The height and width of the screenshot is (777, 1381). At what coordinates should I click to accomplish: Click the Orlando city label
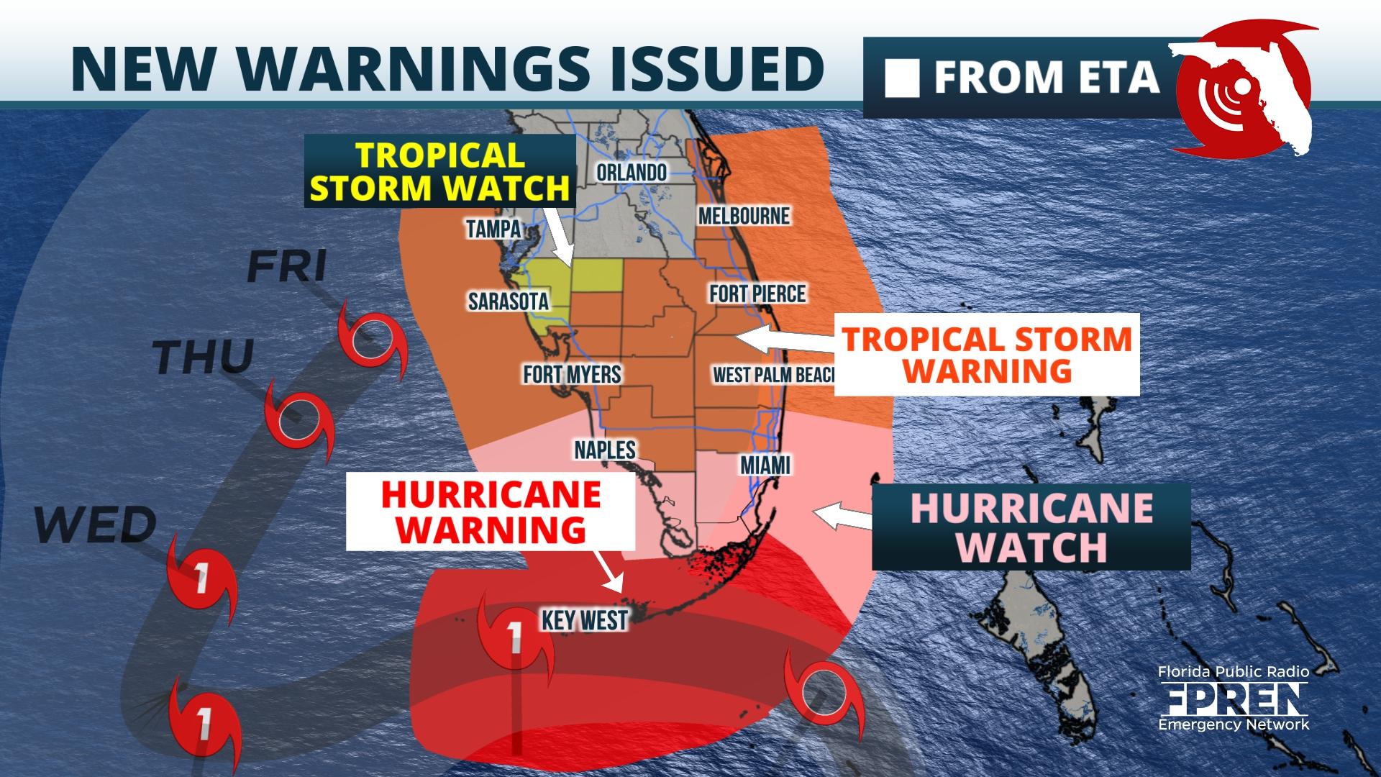(x=631, y=173)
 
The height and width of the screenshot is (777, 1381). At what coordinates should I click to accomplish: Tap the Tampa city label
(x=493, y=229)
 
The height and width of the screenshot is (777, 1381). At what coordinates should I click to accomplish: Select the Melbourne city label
(x=744, y=216)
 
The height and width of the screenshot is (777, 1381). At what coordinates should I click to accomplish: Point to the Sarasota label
(x=509, y=301)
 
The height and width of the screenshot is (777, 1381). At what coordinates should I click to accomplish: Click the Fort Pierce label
(x=757, y=294)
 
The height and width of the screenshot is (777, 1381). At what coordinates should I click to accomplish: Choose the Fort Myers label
(x=572, y=374)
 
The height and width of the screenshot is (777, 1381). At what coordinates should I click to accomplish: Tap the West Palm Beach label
(x=772, y=375)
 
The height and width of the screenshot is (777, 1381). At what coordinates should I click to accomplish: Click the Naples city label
(x=605, y=450)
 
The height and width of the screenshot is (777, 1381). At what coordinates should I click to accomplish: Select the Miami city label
(x=765, y=465)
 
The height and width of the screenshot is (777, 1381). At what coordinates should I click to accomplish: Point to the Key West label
(x=585, y=619)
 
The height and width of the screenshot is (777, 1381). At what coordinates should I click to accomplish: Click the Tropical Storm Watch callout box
(x=439, y=171)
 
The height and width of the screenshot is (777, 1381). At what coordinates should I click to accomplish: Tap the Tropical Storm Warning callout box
(x=988, y=355)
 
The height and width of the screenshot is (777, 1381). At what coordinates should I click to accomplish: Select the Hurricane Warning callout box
(x=491, y=512)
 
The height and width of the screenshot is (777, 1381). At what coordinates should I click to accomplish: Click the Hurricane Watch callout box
(x=1031, y=527)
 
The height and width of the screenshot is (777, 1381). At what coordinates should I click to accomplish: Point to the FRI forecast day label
(x=287, y=266)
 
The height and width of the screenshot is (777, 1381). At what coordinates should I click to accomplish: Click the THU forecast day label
(x=204, y=357)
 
